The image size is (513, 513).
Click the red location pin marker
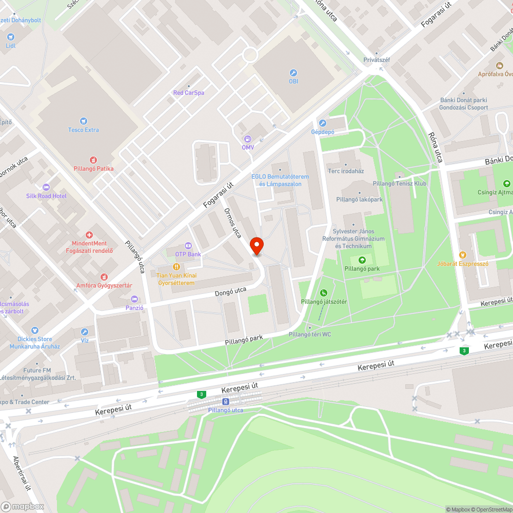tap(256, 246)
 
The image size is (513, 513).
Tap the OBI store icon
tap(293, 73)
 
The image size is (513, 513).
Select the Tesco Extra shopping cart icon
tap(84, 121)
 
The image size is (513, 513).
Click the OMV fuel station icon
tap(248, 139)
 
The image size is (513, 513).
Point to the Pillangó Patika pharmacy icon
tap(93, 160)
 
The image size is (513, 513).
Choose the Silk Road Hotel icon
tap(47, 187)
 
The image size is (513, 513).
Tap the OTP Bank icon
tap(188, 246)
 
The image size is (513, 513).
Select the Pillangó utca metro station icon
tap(226, 401)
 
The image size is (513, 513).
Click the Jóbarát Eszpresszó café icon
tap(463, 254)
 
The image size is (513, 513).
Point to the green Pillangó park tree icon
tap(362, 260)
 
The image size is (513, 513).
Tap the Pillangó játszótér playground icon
tap(324, 293)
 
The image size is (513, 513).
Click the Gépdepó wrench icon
tap(323, 123)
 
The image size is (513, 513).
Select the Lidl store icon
tap(11, 37)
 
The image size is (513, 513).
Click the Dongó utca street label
tap(231, 291)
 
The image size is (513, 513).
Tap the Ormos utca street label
tap(232, 223)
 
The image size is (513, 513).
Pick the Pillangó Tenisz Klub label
tap(400, 183)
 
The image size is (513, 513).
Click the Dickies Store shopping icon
tap(35, 330)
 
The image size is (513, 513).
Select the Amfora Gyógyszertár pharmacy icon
tap(105, 277)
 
